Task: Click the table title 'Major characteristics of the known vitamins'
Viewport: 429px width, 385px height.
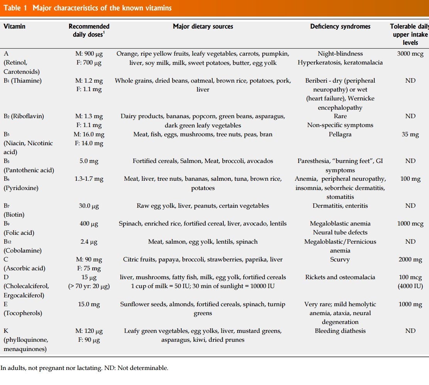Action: (x=102, y=8)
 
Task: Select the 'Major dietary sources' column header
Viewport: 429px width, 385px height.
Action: (x=203, y=27)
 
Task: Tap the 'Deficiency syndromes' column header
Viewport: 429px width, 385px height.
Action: (x=340, y=27)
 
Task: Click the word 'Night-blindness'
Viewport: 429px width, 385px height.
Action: (x=340, y=54)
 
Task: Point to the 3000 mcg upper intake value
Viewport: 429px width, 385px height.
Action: (x=410, y=54)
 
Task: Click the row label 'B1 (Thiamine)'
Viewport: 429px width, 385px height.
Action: (x=23, y=81)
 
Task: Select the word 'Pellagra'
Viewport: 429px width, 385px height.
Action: (x=340, y=134)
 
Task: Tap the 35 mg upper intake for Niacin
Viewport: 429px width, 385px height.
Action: (x=410, y=134)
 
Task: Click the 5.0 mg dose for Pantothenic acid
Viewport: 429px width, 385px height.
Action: (x=89, y=161)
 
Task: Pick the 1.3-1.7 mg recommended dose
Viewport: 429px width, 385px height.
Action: (x=89, y=179)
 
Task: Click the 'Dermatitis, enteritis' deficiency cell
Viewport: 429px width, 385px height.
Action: (x=340, y=206)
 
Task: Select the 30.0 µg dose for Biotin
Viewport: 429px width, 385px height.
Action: (x=89, y=206)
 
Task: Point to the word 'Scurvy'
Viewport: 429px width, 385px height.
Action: (x=340, y=259)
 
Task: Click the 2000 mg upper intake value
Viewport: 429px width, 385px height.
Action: (x=410, y=259)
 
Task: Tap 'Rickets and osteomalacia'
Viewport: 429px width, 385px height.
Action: (x=340, y=277)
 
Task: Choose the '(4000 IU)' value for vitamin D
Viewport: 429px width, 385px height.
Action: (x=410, y=286)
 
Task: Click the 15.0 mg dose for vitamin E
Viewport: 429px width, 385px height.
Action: (x=89, y=304)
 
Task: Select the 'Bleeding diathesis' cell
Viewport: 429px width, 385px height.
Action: (x=340, y=331)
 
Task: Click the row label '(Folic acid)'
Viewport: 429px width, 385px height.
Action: (x=19, y=233)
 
